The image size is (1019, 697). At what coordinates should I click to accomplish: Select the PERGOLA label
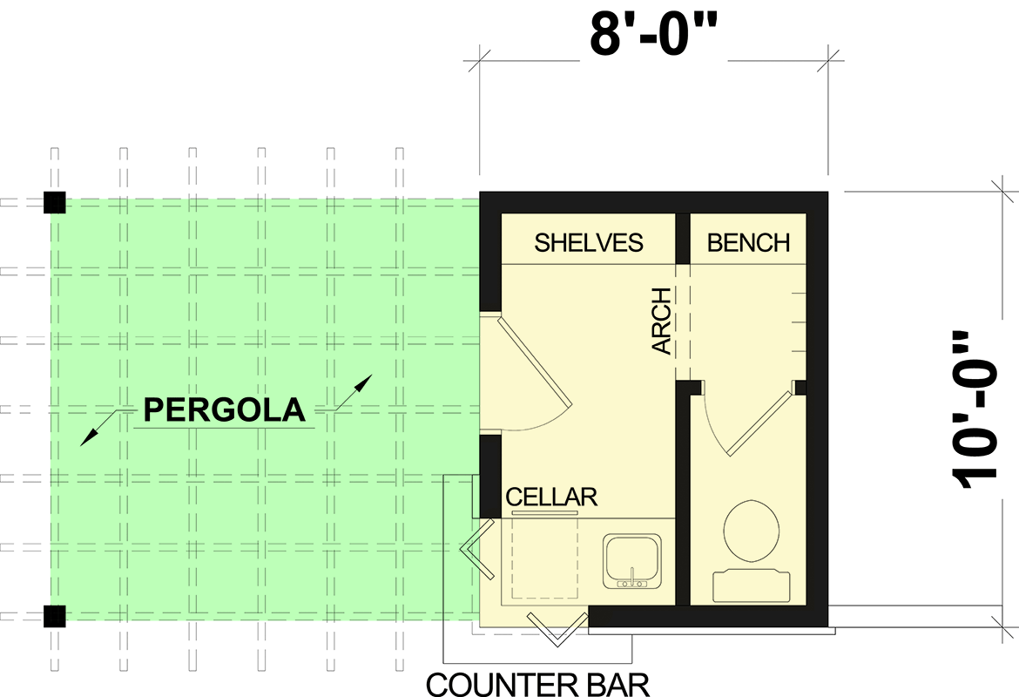(225, 409)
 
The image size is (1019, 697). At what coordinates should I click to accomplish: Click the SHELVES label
(589, 242)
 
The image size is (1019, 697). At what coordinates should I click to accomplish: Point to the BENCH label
(748, 242)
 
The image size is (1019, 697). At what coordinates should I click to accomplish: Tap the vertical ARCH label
(663, 321)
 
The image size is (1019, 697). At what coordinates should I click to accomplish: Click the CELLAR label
(551, 497)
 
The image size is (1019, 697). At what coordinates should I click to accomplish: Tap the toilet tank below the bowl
(752, 586)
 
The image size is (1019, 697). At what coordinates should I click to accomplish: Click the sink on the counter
(635, 562)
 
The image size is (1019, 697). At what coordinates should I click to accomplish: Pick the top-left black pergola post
(55, 203)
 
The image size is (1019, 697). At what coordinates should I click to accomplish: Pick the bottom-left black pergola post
(55, 616)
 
